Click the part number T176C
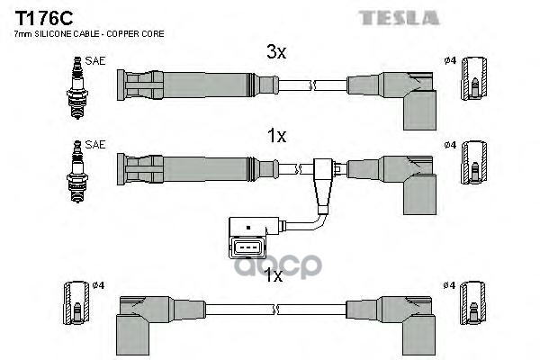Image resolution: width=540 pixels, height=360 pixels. pos(41,15)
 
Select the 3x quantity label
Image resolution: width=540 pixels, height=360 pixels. pos(276,53)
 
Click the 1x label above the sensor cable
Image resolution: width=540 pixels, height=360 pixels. pos(276,136)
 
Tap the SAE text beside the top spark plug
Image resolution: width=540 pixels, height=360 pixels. pos(94,63)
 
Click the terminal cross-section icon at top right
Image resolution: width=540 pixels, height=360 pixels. pos(472,87)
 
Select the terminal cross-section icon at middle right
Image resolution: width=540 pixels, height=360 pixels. pos(472,170)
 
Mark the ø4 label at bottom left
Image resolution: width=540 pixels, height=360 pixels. pos(99,285)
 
